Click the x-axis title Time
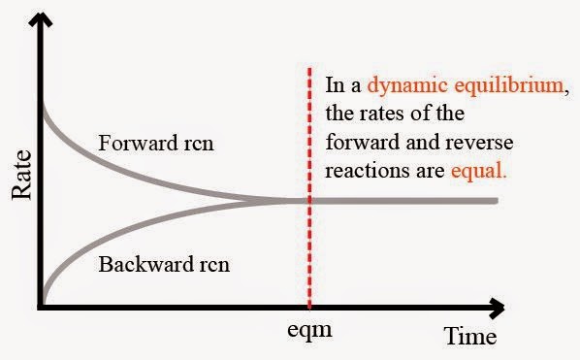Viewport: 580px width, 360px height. (x=470, y=336)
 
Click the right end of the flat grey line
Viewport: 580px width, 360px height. (x=496, y=201)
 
